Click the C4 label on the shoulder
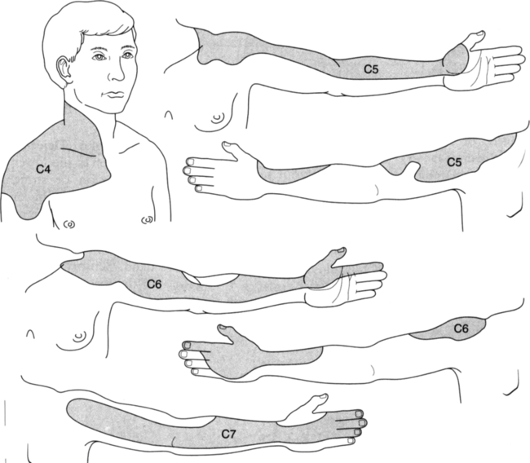(43, 169)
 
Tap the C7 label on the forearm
(228, 434)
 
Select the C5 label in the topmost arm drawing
(371, 69)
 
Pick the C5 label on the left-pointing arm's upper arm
(454, 162)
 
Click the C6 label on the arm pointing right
(154, 284)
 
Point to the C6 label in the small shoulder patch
(461, 328)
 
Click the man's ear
(64, 71)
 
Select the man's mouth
(114, 95)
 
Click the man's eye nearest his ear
(99, 57)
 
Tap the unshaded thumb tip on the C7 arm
(323, 396)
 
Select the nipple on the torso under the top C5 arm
(218, 117)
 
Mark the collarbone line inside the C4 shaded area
(78, 152)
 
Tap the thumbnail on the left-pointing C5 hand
(227, 144)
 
